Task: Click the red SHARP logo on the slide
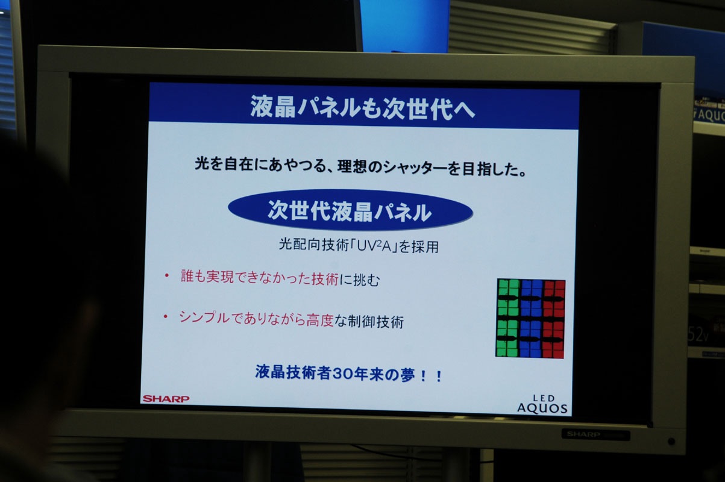click(166, 399)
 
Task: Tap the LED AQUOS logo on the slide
click(542, 404)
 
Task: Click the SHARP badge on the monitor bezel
click(583, 434)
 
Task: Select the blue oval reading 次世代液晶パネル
click(350, 210)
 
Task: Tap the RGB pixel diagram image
click(530, 318)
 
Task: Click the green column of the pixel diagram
click(508, 318)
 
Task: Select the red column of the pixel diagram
click(553, 319)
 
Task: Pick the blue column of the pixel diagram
click(531, 319)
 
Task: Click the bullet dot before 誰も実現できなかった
click(167, 275)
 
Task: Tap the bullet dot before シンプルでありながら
click(165, 316)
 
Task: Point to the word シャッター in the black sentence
click(415, 167)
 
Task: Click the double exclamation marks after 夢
click(431, 376)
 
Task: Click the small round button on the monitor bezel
click(671, 441)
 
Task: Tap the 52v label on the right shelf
click(698, 336)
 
